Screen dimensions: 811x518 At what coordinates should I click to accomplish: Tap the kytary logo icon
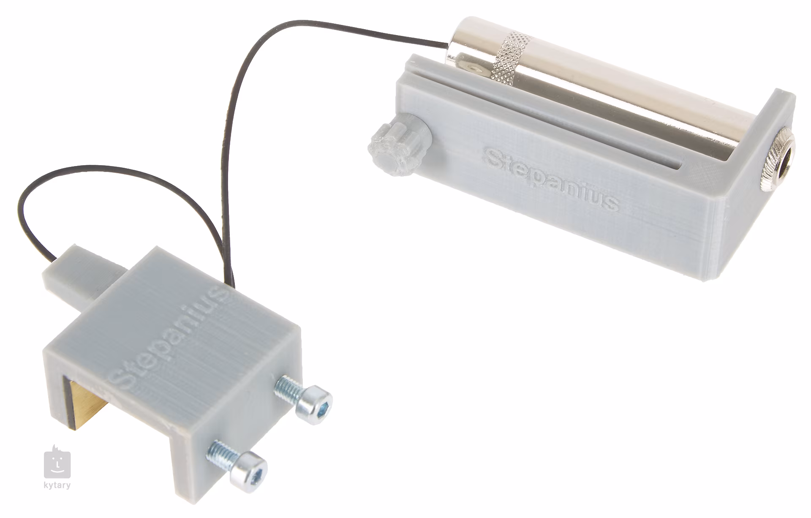57,463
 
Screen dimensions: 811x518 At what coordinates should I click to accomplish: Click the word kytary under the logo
57,485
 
